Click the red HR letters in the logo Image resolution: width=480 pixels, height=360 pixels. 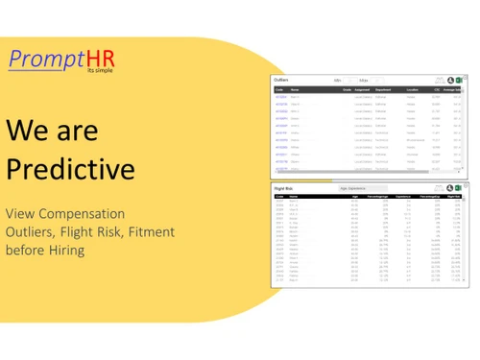[x=101, y=60]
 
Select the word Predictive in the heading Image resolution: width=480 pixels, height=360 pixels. [x=70, y=169]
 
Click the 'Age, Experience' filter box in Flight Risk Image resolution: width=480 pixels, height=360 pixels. [x=361, y=188]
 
